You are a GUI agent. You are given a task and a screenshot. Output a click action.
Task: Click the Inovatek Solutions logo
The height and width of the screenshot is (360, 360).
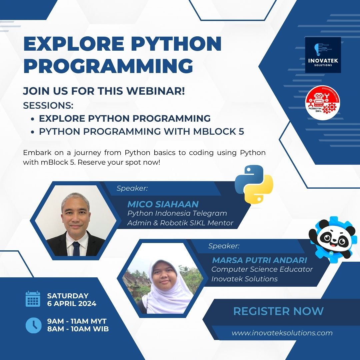(323, 55)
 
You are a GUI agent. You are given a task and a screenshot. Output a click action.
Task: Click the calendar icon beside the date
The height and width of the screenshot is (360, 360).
(33, 299)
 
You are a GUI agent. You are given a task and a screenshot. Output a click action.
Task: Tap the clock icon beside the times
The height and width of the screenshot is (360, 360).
(33, 325)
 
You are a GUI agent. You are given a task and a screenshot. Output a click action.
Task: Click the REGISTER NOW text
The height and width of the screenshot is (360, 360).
(278, 311)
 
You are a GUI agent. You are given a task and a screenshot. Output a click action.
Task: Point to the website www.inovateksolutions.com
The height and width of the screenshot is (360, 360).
(282, 333)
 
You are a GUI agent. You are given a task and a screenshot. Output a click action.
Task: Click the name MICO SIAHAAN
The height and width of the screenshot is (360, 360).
(163, 204)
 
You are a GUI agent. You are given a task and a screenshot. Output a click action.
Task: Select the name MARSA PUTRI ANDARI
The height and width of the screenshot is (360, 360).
(260, 260)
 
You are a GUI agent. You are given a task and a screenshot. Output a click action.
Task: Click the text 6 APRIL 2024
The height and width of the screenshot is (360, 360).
(72, 303)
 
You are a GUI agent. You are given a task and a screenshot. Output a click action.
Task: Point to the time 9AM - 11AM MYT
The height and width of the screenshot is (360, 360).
(77, 321)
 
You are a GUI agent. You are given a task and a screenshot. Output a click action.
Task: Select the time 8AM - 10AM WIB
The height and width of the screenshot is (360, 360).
(78, 329)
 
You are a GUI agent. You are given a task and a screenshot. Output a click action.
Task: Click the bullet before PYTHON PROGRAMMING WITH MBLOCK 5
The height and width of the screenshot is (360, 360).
(32, 132)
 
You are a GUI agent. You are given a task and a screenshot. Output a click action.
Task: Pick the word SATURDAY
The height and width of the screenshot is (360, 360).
(68, 296)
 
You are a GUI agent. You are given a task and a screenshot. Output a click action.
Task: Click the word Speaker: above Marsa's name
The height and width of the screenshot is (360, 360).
(224, 246)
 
